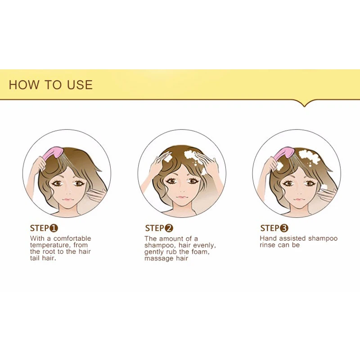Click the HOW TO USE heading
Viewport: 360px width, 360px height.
[51, 85]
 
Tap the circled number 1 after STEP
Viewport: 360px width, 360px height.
[54, 228]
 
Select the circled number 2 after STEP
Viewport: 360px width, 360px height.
[169, 228]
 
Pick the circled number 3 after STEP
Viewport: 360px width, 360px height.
[284, 228]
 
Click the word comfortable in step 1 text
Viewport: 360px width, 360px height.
[72, 238]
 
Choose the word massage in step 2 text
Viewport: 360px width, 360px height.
[158, 259]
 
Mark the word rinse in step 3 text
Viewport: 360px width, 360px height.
[267, 245]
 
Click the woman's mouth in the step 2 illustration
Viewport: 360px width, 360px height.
[182, 197]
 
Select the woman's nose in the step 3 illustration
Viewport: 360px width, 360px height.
[297, 192]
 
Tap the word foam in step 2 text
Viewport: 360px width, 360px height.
[201, 252]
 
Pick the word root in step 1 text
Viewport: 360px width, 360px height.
[49, 252]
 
